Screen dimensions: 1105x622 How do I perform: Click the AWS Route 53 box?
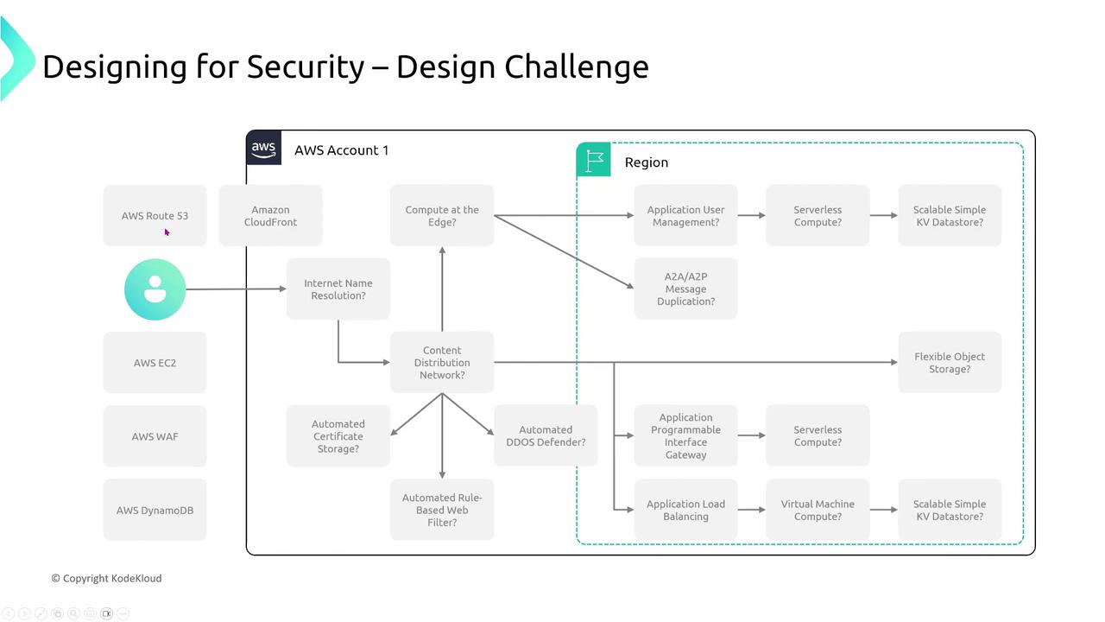(x=155, y=215)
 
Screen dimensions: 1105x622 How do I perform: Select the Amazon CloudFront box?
(x=270, y=215)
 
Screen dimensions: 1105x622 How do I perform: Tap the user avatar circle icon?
(x=155, y=289)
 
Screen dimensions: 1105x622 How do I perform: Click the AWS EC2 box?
(x=155, y=362)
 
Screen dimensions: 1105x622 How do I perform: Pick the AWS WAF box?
(x=155, y=436)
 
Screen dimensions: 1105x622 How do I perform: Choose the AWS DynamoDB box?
(x=155, y=510)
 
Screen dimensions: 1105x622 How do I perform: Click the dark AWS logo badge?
(x=263, y=147)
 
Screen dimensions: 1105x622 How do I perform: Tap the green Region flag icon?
(x=593, y=160)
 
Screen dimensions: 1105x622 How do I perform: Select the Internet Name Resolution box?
(x=338, y=289)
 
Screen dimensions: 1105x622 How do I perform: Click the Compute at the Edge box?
(x=442, y=215)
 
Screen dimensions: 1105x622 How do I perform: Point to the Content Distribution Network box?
(x=442, y=362)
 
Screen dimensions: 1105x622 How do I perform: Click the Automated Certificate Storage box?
(x=338, y=436)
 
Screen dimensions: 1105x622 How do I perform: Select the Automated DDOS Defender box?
(x=546, y=435)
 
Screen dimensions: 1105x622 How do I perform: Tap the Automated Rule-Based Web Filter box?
(x=442, y=510)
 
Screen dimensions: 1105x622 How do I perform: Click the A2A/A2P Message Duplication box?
(x=685, y=289)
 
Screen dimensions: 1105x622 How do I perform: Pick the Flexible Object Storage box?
(x=950, y=362)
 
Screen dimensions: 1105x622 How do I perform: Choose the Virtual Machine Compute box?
(x=818, y=510)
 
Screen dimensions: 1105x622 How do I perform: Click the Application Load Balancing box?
(x=685, y=510)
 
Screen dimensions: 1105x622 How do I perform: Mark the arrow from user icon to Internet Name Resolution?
(x=237, y=289)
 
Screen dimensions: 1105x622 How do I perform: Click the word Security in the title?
(x=306, y=67)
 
